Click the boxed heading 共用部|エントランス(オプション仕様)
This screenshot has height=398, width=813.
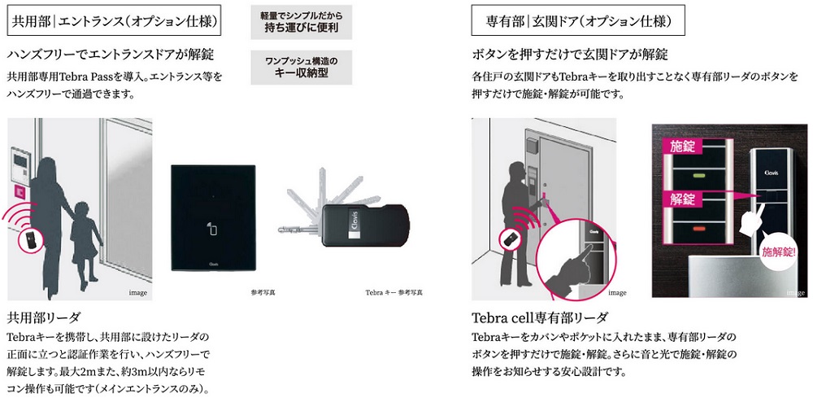[x=120, y=20]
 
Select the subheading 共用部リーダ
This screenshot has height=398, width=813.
[x=42, y=316]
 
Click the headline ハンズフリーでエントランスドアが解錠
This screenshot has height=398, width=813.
[x=110, y=55]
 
